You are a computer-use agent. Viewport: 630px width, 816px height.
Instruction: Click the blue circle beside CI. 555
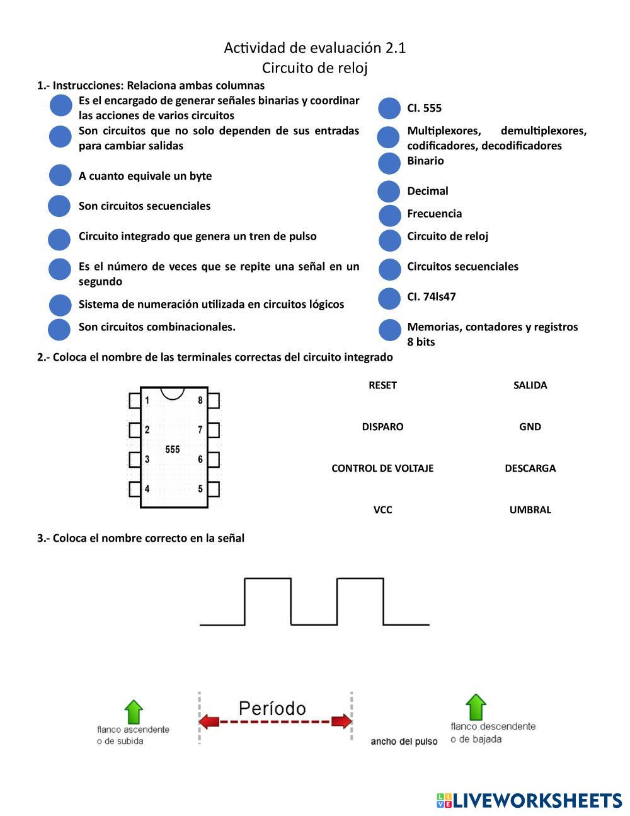pos(389,108)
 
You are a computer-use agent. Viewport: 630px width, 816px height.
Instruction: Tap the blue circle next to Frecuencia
pos(390,215)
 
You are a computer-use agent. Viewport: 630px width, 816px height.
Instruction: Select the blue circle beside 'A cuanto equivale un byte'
pos(60,175)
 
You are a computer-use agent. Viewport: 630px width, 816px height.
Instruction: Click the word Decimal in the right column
pos(428,191)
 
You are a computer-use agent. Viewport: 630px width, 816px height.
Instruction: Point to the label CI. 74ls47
pos(432,296)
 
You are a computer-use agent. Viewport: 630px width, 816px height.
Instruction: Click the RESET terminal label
pos(382,385)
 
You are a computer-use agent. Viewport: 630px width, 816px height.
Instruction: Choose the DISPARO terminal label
pos(382,427)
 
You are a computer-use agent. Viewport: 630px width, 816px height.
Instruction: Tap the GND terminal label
pos(530,427)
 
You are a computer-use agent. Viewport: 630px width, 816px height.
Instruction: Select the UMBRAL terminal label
pos(530,510)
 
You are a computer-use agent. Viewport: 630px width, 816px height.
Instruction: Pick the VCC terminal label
pos(382,510)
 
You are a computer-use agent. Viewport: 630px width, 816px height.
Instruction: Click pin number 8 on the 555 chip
pos(200,400)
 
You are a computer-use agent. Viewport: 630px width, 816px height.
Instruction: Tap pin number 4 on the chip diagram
pos(147,489)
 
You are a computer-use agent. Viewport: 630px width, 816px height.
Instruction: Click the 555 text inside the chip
pos(173,450)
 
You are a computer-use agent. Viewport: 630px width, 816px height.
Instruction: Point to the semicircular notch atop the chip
pos(173,393)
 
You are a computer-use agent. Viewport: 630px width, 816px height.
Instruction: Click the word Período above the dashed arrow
pos(272,708)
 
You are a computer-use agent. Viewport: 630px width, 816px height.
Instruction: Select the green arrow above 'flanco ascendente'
pos(134,712)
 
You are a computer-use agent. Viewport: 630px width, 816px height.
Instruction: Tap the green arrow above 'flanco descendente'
pos(476,707)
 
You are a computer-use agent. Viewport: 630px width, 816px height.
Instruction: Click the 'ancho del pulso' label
pos(404,742)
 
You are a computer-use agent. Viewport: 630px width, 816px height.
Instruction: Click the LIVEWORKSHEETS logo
pos(529,800)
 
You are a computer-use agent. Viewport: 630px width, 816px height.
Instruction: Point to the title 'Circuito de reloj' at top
pos(314,67)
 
